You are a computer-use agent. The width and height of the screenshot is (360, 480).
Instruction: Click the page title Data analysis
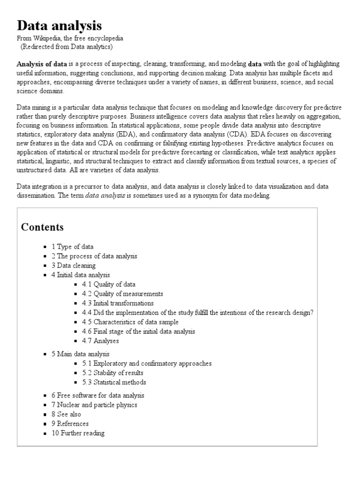pos(59,25)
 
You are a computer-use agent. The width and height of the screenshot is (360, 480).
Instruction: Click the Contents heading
pos(43,227)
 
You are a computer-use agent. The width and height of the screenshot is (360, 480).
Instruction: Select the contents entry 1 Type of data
pos(72,247)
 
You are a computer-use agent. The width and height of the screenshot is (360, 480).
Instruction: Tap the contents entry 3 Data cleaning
pos(73,266)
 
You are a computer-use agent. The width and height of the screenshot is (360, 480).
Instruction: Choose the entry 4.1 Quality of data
pos(114,285)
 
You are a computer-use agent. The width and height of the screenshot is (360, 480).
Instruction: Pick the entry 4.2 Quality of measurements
pos(128,294)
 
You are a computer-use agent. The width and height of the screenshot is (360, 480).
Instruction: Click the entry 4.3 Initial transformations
pos(123,303)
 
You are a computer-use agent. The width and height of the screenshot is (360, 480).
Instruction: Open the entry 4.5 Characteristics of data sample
pos(136,322)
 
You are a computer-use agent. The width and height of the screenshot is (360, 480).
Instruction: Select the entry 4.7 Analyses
pos(106,341)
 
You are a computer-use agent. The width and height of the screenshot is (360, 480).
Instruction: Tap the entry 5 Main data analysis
pos(80,354)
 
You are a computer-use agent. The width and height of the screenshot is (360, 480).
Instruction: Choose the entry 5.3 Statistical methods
pos(120,382)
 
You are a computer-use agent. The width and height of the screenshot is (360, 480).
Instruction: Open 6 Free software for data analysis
pos(97,396)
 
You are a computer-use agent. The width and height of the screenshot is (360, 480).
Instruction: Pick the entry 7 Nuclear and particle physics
pos(94,405)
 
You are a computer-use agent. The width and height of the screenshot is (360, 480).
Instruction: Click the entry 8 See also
pos(66,414)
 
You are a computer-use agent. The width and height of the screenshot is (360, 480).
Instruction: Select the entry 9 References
pos(70,424)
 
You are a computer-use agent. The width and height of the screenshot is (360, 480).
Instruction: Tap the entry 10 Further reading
pos(78,433)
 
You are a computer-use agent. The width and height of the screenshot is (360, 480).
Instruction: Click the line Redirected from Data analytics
pos(67,47)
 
